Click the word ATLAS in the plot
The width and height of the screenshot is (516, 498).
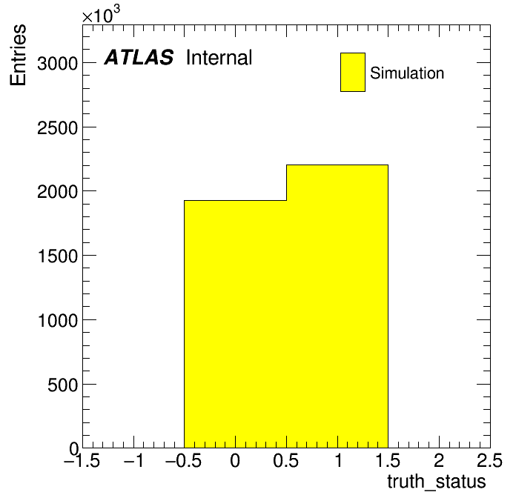(x=139, y=58)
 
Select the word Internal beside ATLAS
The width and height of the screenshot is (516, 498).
(x=219, y=58)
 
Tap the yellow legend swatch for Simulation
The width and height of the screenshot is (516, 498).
(x=353, y=72)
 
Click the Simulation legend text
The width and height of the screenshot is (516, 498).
(x=407, y=73)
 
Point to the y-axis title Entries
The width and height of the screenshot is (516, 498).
(x=18, y=55)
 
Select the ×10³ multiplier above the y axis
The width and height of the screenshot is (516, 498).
(x=101, y=14)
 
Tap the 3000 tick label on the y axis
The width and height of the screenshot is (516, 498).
(x=58, y=64)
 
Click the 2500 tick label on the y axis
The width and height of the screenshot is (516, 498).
(x=58, y=128)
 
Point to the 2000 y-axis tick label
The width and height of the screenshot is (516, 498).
(x=58, y=192)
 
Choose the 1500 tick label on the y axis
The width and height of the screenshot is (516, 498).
(x=58, y=256)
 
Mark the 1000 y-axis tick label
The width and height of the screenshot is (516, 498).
(x=58, y=320)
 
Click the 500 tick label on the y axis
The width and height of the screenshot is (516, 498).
(x=63, y=385)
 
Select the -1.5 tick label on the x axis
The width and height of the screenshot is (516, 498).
(x=82, y=460)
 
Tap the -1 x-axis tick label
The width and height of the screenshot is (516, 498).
(x=133, y=460)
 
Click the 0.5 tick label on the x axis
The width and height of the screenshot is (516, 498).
(x=286, y=460)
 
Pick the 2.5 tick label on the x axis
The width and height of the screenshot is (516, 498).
(x=489, y=460)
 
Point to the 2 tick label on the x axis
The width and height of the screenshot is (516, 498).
(x=439, y=460)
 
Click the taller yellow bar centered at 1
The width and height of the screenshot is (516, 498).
(x=337, y=306)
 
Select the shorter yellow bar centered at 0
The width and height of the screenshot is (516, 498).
(x=235, y=324)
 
